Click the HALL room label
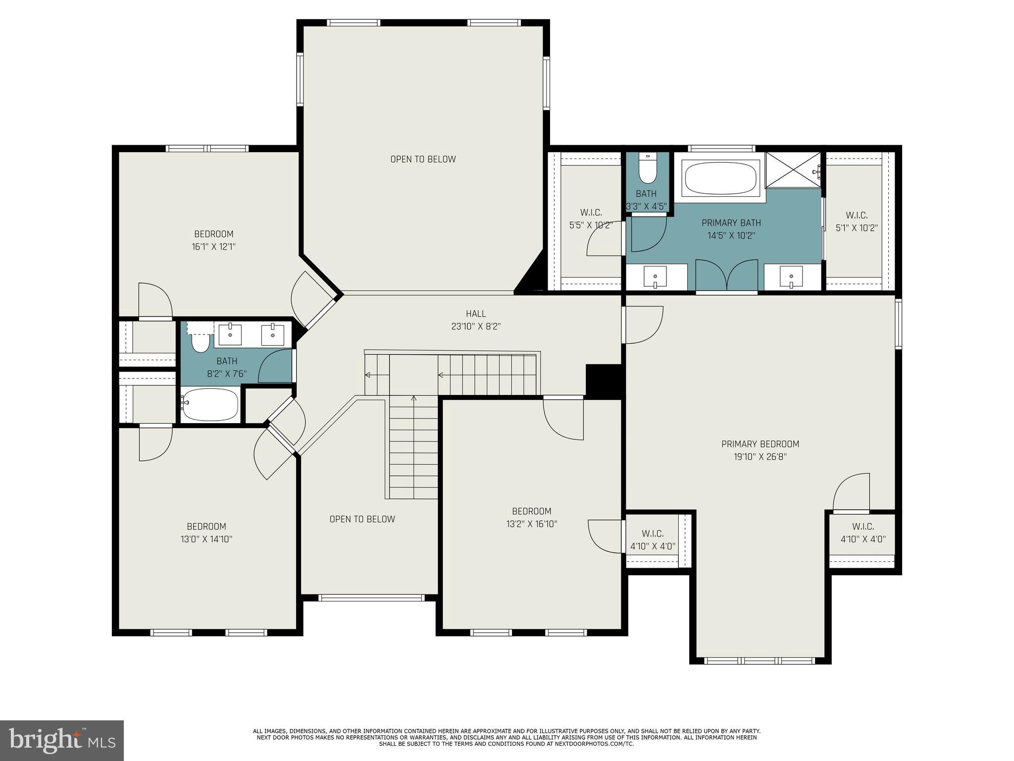[x=475, y=314]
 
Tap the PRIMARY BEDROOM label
[x=760, y=444]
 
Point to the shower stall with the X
[x=794, y=170]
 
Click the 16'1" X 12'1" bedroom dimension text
[x=213, y=247]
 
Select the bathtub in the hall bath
[x=210, y=404]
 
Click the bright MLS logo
[x=62, y=740]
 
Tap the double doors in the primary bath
[x=726, y=275]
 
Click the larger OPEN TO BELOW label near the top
[x=423, y=159]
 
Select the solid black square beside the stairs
[x=603, y=380]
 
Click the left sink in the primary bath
[x=655, y=276]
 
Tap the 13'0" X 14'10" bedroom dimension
[x=206, y=539]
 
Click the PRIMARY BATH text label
[x=731, y=223]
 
